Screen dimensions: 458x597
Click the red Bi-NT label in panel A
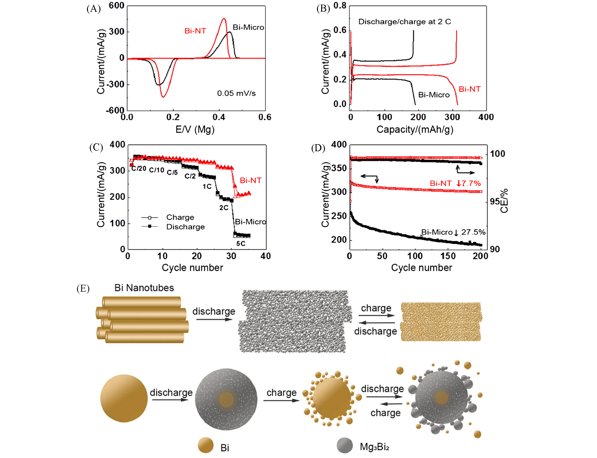[x=195, y=31]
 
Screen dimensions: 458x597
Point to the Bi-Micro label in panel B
[x=434, y=95]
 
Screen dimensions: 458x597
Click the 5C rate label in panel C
[x=240, y=243]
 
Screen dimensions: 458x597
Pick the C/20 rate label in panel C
[x=139, y=168]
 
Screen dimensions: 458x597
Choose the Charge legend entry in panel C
[x=180, y=217]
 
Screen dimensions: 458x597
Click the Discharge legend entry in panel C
[x=185, y=227]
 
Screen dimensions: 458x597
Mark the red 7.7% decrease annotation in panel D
[x=468, y=183]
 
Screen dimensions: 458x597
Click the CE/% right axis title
[x=504, y=201]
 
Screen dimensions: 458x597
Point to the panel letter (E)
[x=83, y=288]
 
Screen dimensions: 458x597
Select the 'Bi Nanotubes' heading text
[x=144, y=288]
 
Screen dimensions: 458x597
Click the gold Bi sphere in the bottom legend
[x=205, y=445]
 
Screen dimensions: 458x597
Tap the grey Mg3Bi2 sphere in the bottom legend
[x=345, y=445]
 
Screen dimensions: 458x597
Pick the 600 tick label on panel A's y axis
[x=117, y=6]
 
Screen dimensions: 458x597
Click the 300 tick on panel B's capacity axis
[x=452, y=117]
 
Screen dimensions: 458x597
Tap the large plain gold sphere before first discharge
[x=124, y=398]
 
